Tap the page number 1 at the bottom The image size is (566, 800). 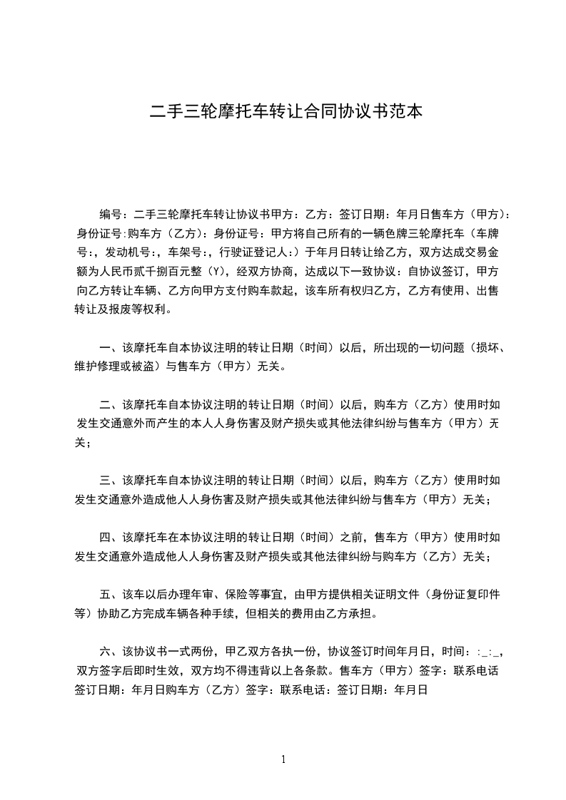pyautogui.click(x=283, y=759)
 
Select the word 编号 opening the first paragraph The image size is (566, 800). pyautogui.click(x=111, y=215)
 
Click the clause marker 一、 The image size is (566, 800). pyautogui.click(x=111, y=348)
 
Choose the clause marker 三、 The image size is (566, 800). pyautogui.click(x=111, y=481)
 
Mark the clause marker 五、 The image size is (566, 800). pyautogui.click(x=111, y=593)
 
